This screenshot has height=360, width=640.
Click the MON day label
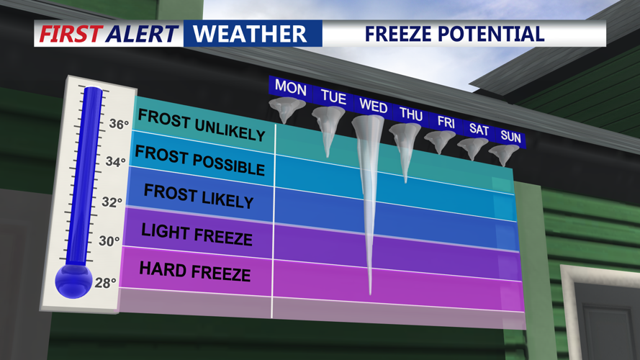coord(291,89)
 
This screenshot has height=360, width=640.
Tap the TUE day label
coord(333,97)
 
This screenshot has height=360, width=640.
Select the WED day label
coord(373,107)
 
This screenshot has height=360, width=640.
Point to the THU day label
coord(411,114)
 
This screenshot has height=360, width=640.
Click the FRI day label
coord(446,122)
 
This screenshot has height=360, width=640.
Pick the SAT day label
coord(479,130)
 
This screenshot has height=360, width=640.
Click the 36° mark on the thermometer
coord(118,124)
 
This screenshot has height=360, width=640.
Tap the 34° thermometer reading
coord(115,162)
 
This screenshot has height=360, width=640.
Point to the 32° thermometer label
coord(112,202)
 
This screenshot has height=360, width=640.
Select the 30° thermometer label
coord(109,241)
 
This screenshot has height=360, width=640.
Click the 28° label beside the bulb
coord(105,283)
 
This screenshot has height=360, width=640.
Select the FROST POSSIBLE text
coord(200,161)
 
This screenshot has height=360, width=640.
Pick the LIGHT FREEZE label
coord(197,234)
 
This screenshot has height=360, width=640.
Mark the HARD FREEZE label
coord(194,271)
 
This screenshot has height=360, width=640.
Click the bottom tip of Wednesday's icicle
coord(371,292)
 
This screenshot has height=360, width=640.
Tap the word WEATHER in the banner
coord(250,33)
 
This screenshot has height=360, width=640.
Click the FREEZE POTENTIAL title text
coord(454,33)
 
